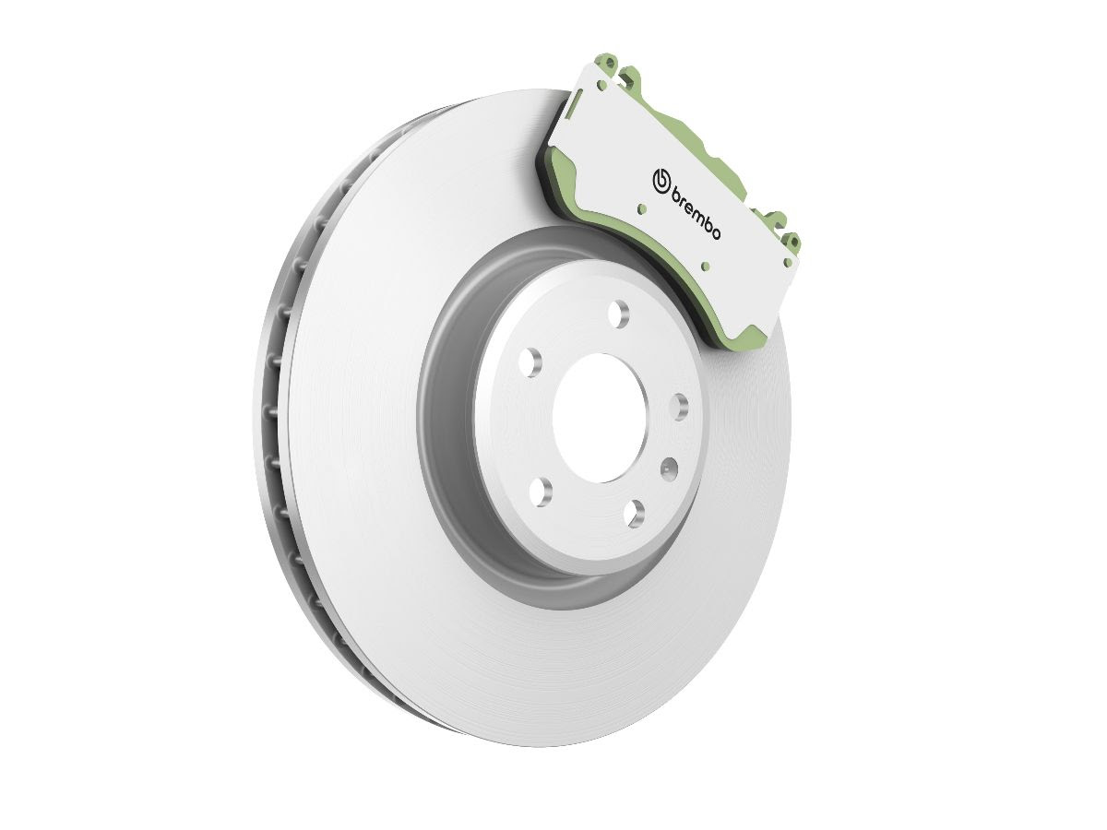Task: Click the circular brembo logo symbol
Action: [x=661, y=182]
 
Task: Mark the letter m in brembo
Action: [x=698, y=216]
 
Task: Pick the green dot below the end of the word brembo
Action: [x=706, y=266]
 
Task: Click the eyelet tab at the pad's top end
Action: [x=611, y=61]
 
